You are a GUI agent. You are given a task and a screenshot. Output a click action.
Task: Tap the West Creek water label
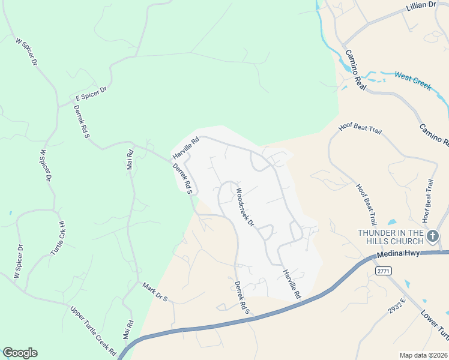click(412, 81)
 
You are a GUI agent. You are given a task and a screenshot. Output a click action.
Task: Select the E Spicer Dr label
click(91, 93)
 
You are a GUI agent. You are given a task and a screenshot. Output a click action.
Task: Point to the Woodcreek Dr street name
click(246, 208)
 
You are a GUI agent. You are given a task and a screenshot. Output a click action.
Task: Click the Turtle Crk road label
click(58, 238)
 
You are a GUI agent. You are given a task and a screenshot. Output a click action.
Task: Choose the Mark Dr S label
click(155, 290)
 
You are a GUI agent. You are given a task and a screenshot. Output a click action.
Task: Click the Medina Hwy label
click(396, 254)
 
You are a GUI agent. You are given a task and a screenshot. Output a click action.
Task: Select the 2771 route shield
click(384, 272)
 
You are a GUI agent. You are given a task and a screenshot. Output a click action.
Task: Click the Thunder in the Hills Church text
click(391, 236)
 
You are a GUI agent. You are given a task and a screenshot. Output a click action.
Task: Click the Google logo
click(20, 353)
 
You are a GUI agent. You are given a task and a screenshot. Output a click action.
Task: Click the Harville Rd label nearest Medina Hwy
click(291, 284)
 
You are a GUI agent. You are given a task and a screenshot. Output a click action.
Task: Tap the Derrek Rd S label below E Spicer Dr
click(81, 121)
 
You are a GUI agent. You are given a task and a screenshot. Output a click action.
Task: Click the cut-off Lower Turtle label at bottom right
click(434, 323)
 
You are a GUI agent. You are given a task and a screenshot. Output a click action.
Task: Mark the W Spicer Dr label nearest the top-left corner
click(26, 52)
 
